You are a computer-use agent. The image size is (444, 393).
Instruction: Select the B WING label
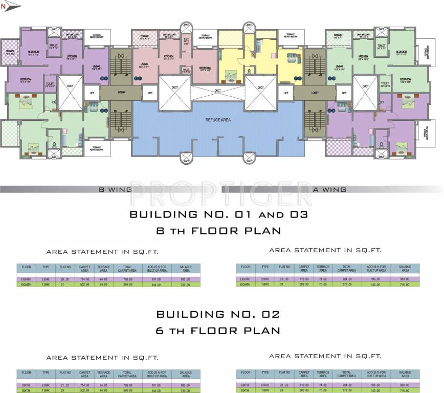click(115, 189)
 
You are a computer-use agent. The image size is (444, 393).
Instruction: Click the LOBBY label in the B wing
click(121, 93)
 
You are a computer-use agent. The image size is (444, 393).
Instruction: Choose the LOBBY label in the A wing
click(315, 93)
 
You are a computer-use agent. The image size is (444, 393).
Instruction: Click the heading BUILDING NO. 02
click(218, 314)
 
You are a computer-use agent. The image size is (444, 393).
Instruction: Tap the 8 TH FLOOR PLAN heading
click(218, 231)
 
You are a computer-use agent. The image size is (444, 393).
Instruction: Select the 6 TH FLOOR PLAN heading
click(218, 331)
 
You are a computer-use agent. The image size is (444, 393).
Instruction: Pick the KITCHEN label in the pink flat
click(169, 56)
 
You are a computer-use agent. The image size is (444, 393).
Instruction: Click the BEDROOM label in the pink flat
click(205, 68)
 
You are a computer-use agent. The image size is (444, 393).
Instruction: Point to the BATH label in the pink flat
click(186, 40)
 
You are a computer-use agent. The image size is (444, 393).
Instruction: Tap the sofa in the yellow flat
click(292, 56)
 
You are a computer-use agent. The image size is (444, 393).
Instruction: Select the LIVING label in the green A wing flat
click(339, 67)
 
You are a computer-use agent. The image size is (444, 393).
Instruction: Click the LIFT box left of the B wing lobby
click(92, 93)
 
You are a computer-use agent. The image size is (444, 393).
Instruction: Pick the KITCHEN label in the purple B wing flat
click(72, 56)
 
